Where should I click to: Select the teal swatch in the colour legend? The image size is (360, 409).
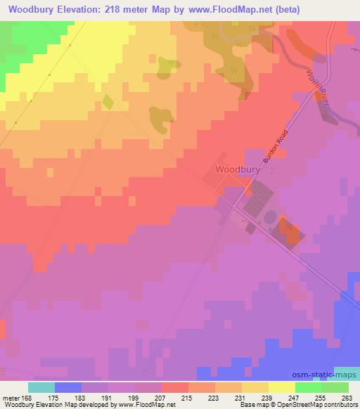coord(41,387)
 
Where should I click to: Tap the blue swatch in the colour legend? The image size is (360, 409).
coord(68,387)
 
